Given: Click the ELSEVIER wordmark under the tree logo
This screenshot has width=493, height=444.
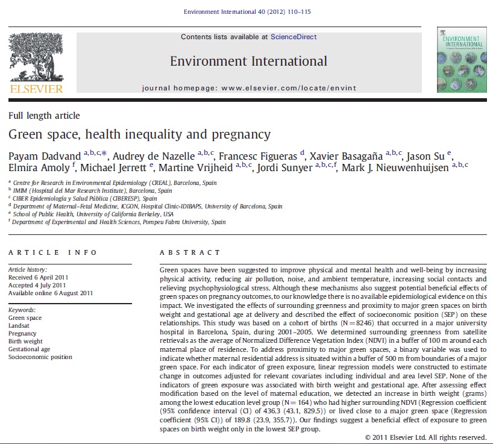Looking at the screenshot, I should (x=36, y=89).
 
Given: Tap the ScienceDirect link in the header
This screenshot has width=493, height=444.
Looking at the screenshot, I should (x=294, y=37).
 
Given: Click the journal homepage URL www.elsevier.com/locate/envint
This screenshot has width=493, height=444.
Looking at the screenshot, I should (x=289, y=88).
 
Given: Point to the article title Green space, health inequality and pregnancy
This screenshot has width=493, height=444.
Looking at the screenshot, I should (x=139, y=134).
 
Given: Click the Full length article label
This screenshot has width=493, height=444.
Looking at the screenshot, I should (x=44, y=116).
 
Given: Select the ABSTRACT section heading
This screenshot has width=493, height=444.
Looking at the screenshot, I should (x=190, y=252).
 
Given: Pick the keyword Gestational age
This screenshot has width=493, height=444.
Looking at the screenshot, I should (x=30, y=349).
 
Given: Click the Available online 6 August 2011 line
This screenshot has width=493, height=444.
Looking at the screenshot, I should (x=51, y=293).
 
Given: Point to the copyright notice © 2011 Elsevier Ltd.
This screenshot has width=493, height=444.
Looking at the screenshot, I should (x=425, y=437).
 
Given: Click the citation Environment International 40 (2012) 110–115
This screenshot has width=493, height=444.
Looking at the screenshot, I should (x=248, y=11).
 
